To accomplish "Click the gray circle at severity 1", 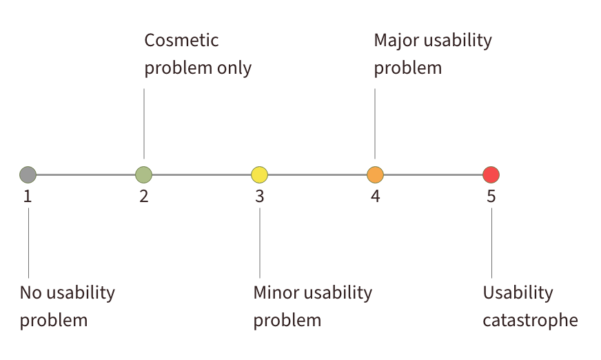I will [28, 174].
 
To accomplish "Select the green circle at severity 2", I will [143, 174].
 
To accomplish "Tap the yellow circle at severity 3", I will [259, 174].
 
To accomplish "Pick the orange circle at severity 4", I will [375, 174].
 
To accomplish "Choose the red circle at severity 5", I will [491, 174].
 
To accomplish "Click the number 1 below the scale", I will [28, 197].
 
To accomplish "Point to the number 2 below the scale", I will [143, 197].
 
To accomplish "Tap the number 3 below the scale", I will [259, 197].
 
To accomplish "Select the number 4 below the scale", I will [375, 197].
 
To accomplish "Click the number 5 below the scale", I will [491, 197].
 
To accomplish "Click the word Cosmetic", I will [181, 40].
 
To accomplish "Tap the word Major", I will [395, 40].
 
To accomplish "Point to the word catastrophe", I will [529, 321].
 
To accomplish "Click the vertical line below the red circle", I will [491, 241].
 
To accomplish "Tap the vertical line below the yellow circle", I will [259, 241].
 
